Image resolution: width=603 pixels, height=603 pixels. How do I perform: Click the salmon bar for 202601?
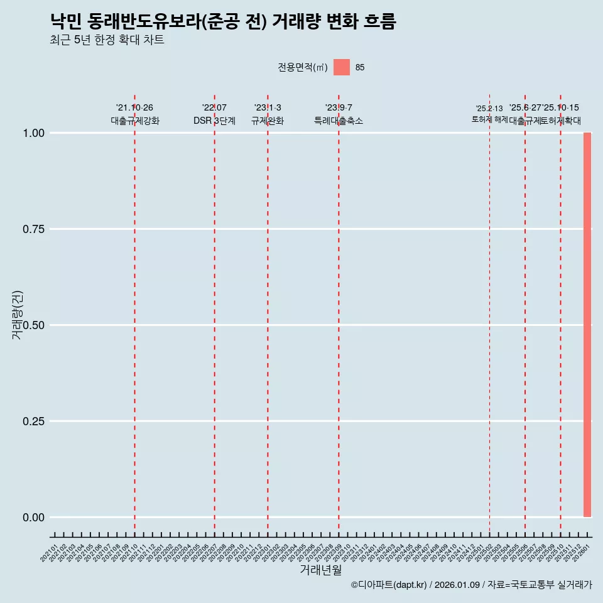(587, 325)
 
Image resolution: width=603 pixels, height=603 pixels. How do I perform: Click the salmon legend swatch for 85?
(341, 67)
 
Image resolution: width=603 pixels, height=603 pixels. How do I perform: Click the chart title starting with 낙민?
(223, 22)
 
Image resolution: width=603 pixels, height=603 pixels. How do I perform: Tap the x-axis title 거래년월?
(320, 570)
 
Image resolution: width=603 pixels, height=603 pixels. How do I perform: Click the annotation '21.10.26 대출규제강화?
(135, 114)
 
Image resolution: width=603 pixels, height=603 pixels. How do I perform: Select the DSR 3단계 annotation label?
(214, 121)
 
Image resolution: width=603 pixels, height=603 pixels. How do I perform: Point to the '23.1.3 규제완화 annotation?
(268, 114)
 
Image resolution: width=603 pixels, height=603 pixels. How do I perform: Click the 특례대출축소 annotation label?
(339, 121)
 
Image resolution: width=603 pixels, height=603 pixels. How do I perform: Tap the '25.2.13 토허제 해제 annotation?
(489, 114)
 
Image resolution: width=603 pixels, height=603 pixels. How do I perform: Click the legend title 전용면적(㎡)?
(302, 67)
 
